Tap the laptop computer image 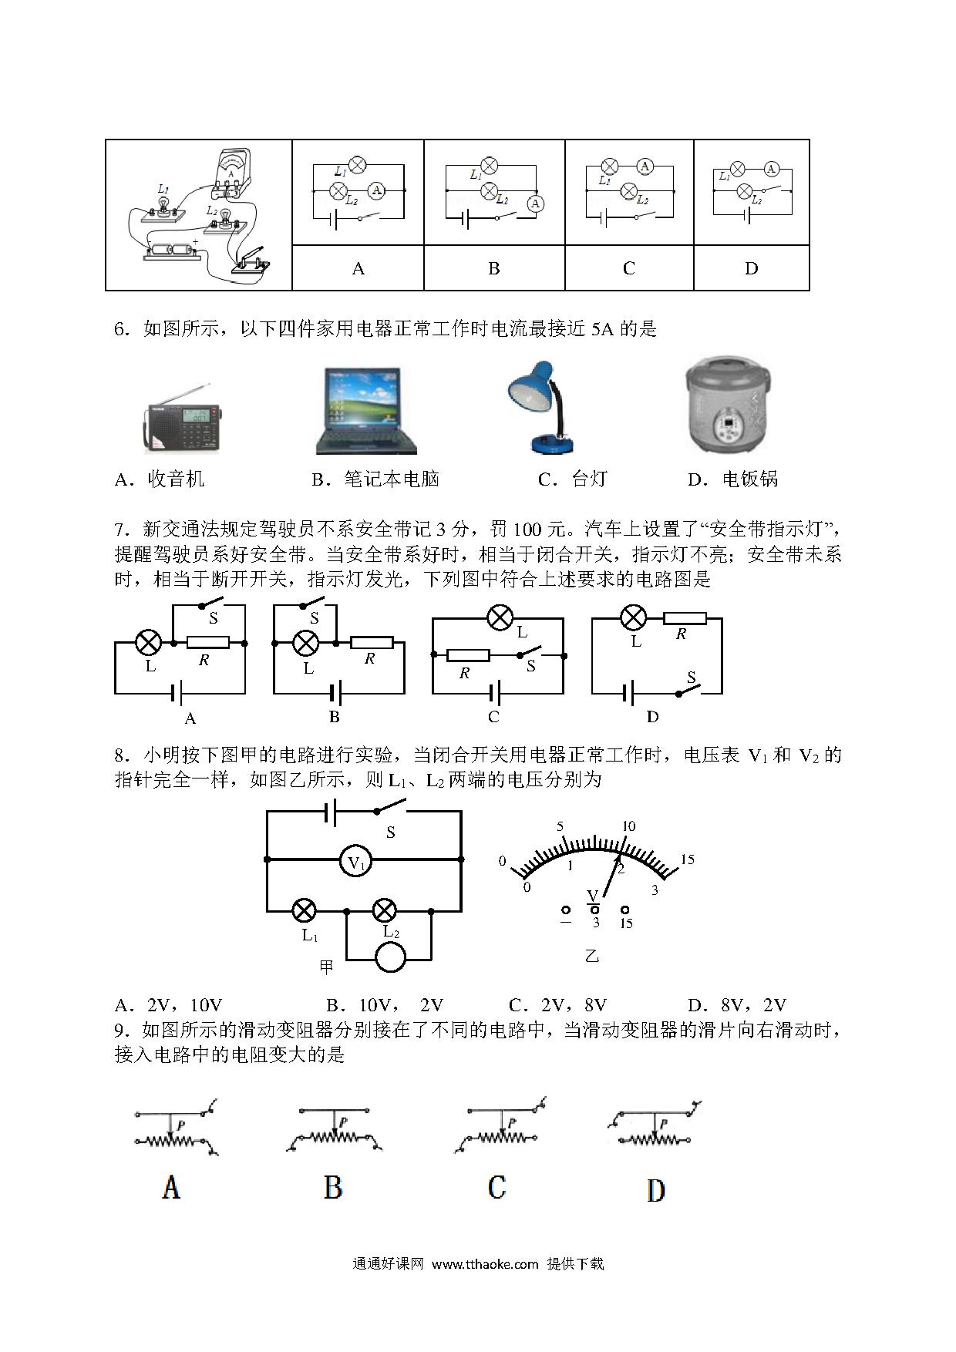click(366, 411)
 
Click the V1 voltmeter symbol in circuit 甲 click(356, 859)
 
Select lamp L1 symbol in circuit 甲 click(305, 910)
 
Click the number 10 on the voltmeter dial click(628, 826)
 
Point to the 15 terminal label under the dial click(626, 923)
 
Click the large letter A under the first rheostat click(171, 1186)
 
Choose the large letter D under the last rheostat click(655, 1190)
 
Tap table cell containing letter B click(494, 268)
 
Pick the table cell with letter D click(752, 268)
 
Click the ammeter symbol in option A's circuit click(376, 190)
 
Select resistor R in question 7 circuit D click(685, 617)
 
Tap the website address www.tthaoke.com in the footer click(485, 1263)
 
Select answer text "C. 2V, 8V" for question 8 click(557, 1004)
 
